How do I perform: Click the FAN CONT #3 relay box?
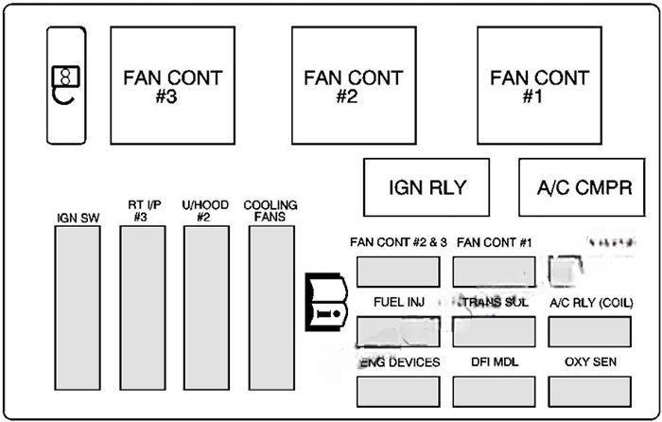pos(172,84)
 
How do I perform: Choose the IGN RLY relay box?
pos(427,186)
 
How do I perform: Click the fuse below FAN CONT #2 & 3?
pos(398,272)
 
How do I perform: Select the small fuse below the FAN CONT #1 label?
pos(494,272)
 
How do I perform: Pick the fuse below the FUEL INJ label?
pos(398,330)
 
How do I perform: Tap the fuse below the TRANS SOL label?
pos(494,330)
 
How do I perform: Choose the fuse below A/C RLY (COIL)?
pos(590,330)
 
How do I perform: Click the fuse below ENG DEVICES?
pos(398,391)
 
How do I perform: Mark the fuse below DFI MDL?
pos(494,391)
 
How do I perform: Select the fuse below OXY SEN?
pos(590,391)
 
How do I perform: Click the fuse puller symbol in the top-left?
pos(66,84)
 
